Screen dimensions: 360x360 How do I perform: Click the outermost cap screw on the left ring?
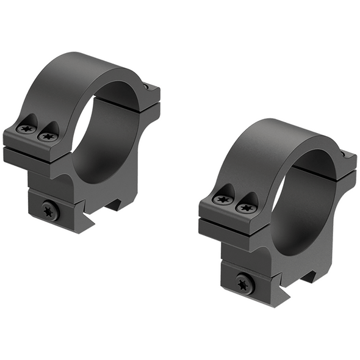pyautogui.click(x=26, y=129)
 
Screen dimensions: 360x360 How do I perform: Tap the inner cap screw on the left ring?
pyautogui.click(x=47, y=136)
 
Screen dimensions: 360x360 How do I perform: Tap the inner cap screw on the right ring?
pyautogui.click(x=247, y=207)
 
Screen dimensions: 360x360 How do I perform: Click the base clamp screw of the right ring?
pyautogui.click(x=245, y=283)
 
